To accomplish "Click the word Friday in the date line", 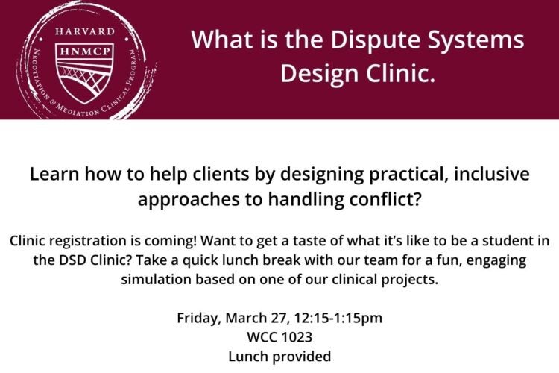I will pyautogui.click(x=198, y=318).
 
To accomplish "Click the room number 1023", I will pyautogui.click(x=296, y=337).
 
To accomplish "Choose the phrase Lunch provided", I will pyautogui.click(x=279, y=357).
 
